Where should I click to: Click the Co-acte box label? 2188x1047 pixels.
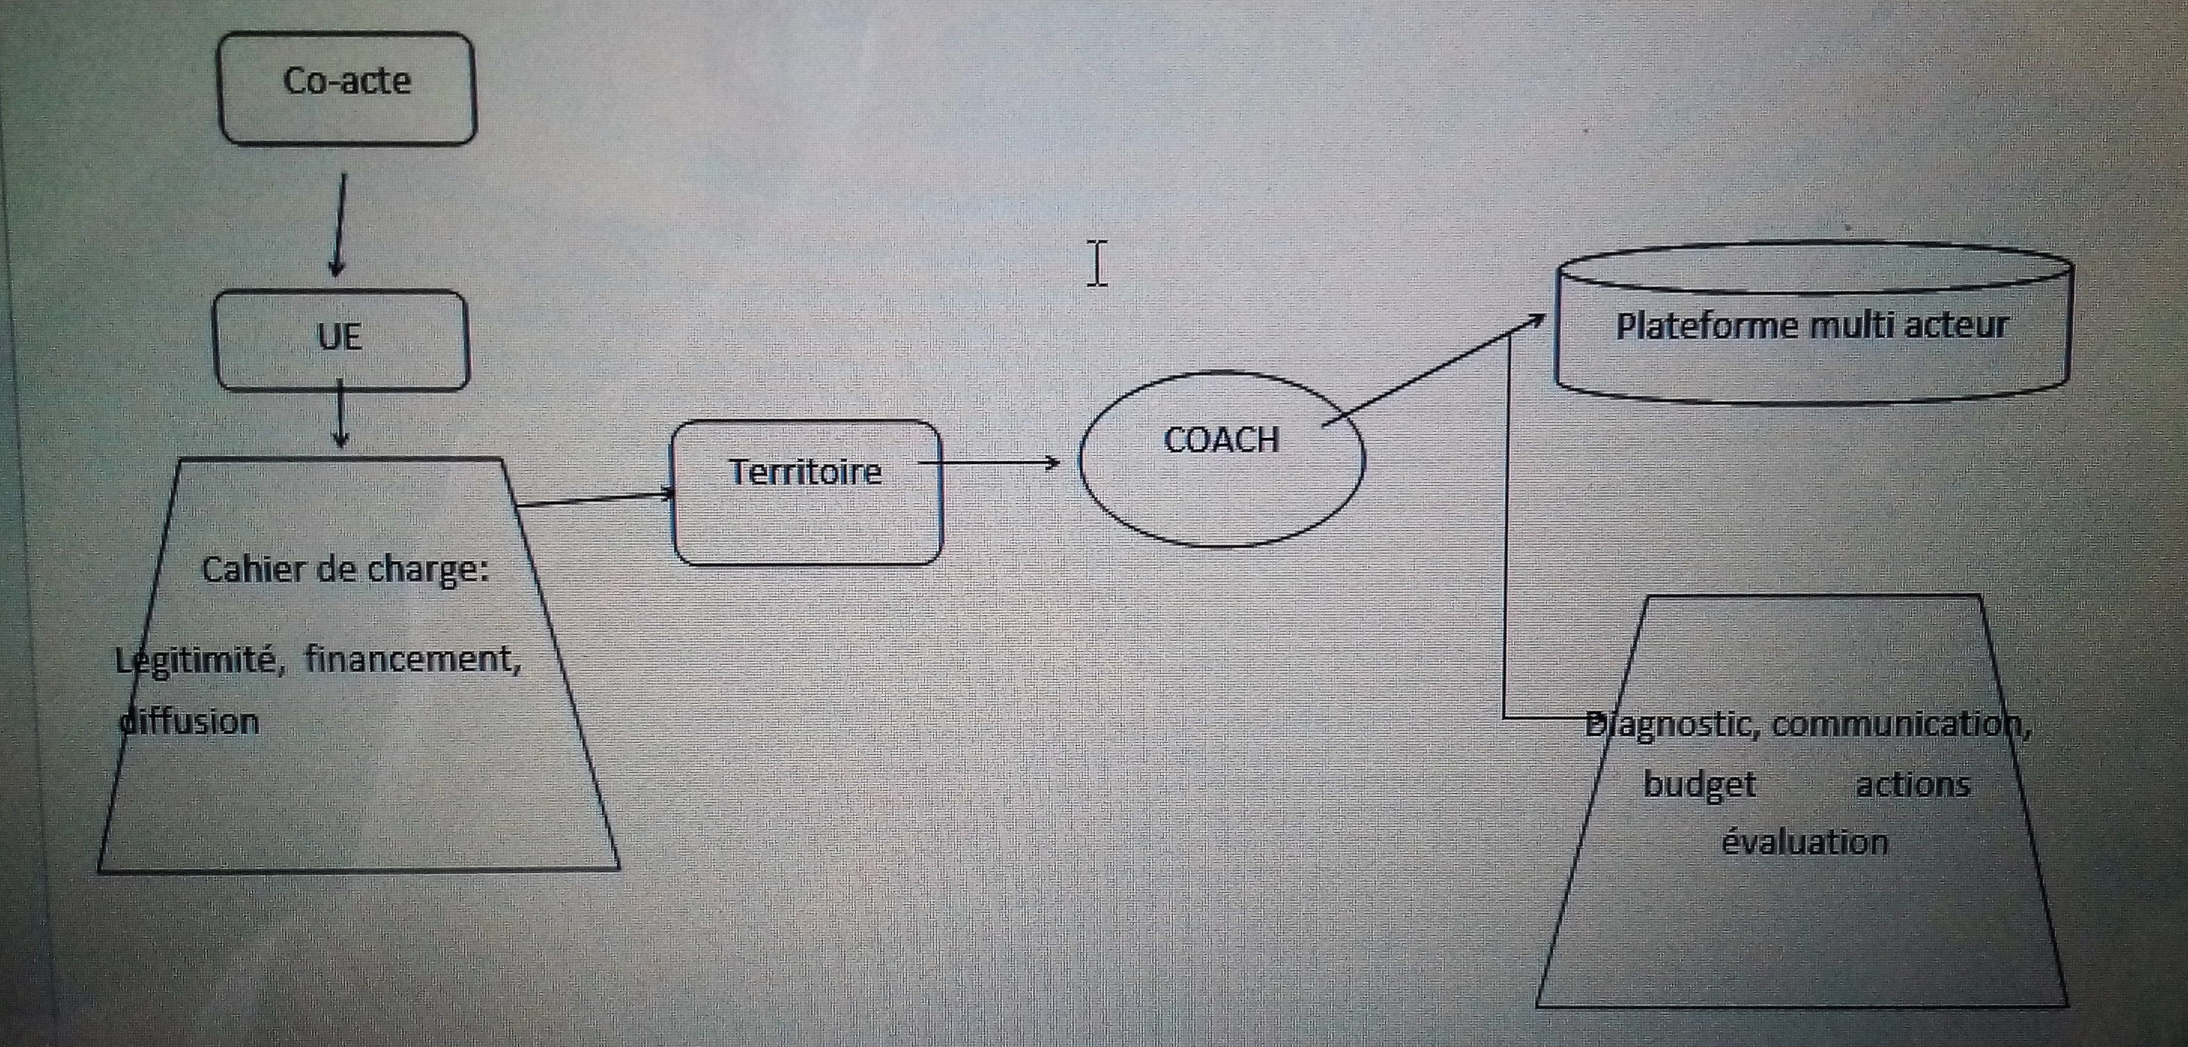(346, 82)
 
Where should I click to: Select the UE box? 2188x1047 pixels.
(340, 339)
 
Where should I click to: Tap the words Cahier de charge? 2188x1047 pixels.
(344, 569)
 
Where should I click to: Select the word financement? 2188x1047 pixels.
(413, 658)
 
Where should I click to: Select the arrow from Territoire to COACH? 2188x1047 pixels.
(990, 463)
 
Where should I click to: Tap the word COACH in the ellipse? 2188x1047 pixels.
(1220, 440)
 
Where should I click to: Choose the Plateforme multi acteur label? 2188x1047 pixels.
(1812, 325)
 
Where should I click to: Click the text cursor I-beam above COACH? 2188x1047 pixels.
(1096, 263)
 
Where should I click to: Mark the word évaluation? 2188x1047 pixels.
(1805, 841)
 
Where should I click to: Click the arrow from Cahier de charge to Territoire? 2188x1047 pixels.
(594, 499)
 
